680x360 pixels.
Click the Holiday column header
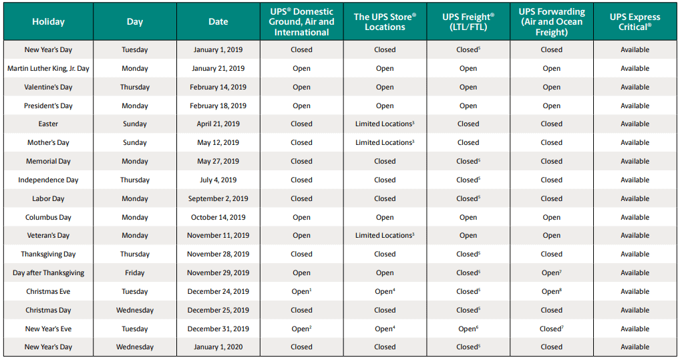[48, 22]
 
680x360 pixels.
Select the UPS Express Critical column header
[634, 22]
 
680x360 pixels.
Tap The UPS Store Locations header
[385, 22]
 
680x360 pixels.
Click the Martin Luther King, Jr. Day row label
[48, 68]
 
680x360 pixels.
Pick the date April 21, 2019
[218, 124]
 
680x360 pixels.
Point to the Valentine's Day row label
[48, 87]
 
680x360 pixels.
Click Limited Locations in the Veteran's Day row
[385, 235]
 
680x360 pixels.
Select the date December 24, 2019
[218, 291]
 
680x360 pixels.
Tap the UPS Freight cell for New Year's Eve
[468, 329]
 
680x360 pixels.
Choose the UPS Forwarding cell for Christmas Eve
[551, 291]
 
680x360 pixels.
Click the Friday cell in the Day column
[135, 273]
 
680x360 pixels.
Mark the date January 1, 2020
[218, 347]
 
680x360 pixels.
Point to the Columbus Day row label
[48, 217]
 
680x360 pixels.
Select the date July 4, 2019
[218, 180]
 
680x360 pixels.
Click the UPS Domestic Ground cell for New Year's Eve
[301, 329]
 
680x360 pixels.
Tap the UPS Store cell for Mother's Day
[385, 142]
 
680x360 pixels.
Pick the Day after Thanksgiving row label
[48, 273]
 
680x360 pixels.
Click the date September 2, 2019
[218, 198]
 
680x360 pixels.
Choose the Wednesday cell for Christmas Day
[135, 310]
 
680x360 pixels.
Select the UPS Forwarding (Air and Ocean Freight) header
[551, 22]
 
